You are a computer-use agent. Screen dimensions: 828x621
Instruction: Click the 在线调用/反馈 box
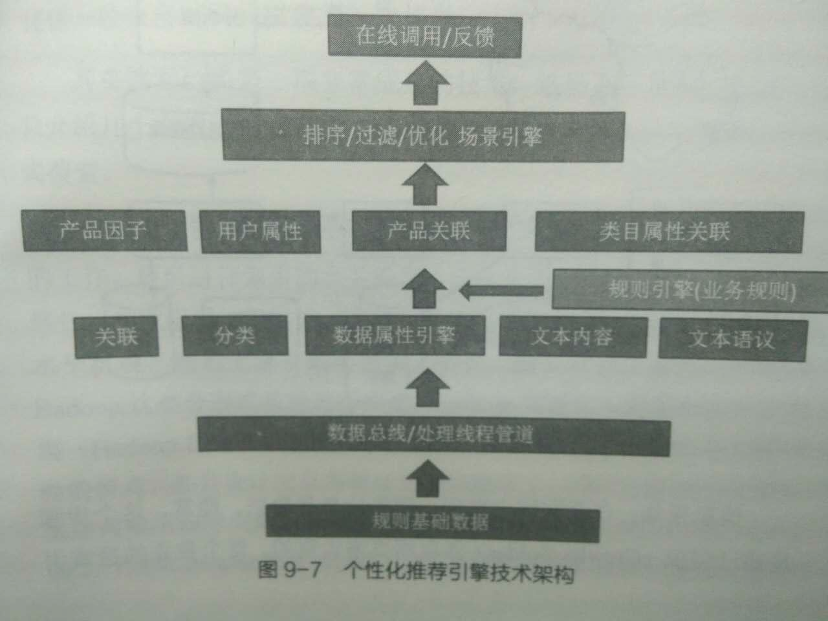424,36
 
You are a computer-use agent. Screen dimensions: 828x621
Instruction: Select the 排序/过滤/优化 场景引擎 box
423,136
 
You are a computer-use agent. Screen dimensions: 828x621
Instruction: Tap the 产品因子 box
103,230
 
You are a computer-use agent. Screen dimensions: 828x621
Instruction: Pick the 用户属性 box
260,231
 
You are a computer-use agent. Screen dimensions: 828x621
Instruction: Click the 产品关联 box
428,230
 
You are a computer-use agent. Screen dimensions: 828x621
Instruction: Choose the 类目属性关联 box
669,232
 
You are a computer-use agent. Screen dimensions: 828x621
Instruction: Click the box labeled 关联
116,336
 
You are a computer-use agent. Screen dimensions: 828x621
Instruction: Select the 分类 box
235,335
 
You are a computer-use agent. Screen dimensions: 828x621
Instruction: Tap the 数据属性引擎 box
395,335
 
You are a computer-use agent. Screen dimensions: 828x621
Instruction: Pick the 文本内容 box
572,336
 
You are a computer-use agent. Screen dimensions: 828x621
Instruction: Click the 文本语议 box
732,338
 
